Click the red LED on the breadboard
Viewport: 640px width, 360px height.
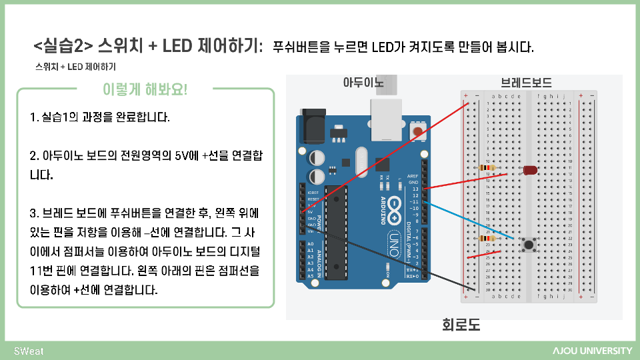530,171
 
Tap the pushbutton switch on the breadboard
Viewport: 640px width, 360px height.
530,245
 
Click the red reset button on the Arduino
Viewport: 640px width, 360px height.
419,131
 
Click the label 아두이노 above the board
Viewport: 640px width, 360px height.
363,83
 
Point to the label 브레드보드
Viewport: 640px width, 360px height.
526,83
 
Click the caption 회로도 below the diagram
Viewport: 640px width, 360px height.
461,325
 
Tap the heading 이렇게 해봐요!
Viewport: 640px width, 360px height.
145,89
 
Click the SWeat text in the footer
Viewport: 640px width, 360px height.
29,351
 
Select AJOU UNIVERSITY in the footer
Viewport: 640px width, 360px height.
592,351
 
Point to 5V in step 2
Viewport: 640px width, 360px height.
182,155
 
